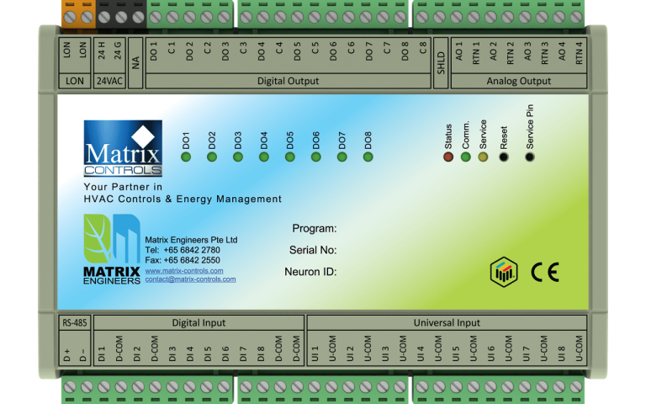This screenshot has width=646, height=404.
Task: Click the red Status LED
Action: (x=448, y=157)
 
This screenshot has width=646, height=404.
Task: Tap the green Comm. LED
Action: (x=466, y=157)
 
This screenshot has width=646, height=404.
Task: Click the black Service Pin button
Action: (x=529, y=157)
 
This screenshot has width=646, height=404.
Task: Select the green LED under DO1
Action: (x=186, y=157)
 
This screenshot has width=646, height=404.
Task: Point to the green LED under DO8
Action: (x=368, y=157)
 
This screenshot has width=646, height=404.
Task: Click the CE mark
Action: (x=544, y=272)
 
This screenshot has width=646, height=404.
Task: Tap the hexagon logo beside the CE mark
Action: (x=503, y=271)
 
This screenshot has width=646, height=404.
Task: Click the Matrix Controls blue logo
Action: (x=122, y=149)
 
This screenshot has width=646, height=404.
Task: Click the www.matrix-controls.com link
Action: (x=183, y=271)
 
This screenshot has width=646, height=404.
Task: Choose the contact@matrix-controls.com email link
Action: (x=190, y=279)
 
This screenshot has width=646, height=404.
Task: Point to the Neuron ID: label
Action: (x=310, y=272)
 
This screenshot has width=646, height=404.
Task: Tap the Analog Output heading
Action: (x=518, y=82)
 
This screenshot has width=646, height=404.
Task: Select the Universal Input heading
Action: (x=446, y=322)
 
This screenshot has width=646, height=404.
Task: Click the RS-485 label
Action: (x=73, y=322)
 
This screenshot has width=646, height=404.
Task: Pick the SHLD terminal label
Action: (x=441, y=64)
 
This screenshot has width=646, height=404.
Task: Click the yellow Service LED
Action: (x=483, y=157)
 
